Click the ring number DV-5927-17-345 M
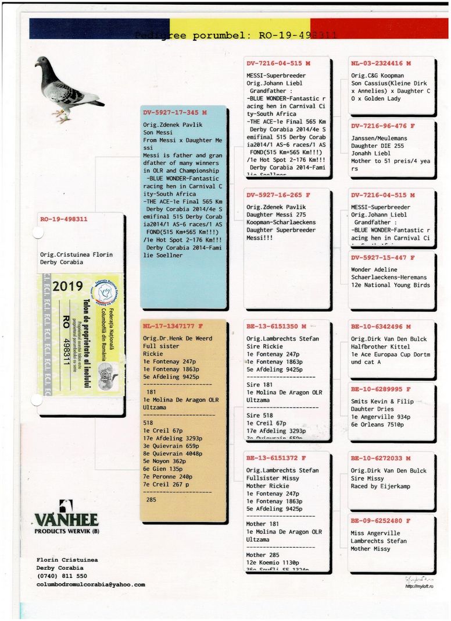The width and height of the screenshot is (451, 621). [174, 112]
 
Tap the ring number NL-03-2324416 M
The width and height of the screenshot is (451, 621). [381, 63]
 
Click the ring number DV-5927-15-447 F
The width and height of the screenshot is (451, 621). [382, 257]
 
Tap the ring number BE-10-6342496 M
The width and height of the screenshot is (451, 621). [381, 327]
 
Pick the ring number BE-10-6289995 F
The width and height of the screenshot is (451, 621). [381, 389]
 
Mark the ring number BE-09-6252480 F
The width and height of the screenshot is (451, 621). [381, 520]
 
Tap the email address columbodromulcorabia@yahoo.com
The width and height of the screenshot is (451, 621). [91, 584]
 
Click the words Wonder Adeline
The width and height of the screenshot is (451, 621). [374, 269]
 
